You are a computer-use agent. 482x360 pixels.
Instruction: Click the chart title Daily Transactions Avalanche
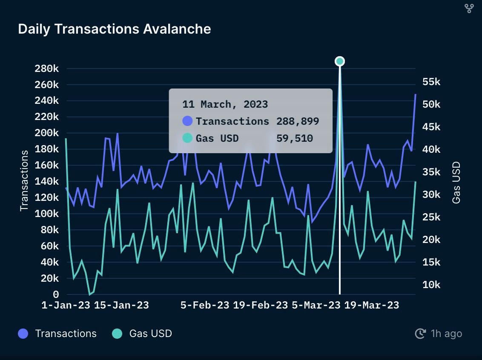114,29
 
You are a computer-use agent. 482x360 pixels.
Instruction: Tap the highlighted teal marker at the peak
339,61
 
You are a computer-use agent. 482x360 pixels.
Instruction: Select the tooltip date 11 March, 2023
225,104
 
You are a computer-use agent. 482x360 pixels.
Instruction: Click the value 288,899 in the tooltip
297,121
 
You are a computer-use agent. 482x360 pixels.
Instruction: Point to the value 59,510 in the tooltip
294,138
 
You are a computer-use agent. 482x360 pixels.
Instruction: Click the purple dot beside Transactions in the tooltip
187,121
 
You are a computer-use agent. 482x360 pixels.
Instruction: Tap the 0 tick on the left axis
56,294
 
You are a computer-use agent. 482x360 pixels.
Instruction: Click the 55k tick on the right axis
431,82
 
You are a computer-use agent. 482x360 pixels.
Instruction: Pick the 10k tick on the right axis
431,285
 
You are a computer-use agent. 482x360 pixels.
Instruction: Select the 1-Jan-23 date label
66,305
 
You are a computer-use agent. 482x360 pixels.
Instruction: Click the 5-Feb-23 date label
205,305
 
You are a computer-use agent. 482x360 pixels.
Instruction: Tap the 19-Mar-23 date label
371,305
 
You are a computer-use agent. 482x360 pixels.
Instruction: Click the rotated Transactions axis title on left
24,180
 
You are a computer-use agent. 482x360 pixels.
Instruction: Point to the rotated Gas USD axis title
456,183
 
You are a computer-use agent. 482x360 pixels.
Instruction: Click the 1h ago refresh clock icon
420,334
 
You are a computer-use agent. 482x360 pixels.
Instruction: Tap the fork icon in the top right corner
469,8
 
